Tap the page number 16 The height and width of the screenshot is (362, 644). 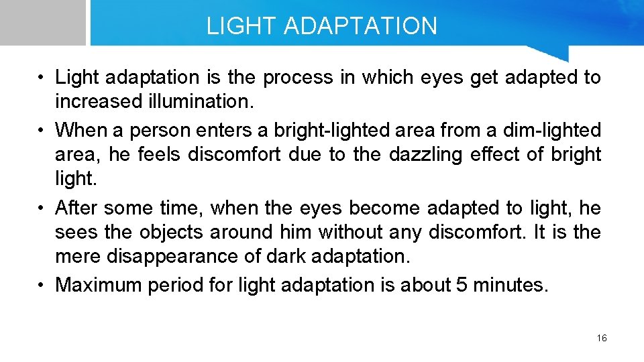click(x=601, y=338)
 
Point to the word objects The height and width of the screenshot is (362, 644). click(x=172, y=233)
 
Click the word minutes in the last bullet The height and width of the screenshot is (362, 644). click(x=509, y=285)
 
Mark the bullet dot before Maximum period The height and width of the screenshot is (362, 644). click(x=42, y=285)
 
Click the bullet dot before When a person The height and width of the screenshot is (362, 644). click(x=42, y=129)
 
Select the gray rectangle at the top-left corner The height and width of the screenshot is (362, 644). click(x=42, y=22)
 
